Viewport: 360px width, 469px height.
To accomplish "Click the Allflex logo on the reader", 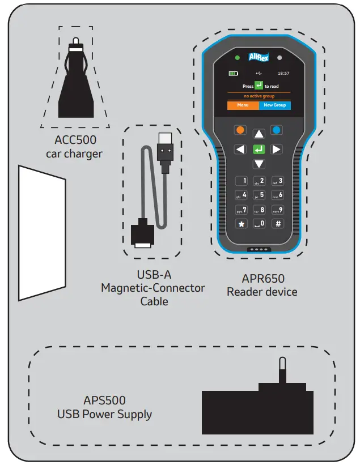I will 259,57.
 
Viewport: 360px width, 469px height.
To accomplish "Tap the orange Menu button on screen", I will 243,105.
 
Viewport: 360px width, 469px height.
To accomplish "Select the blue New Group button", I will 274,105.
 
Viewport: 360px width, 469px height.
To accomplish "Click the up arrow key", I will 259,134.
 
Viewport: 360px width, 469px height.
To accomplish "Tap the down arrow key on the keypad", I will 259,164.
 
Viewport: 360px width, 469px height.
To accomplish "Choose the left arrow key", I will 240,150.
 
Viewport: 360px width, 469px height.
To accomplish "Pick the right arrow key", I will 277,150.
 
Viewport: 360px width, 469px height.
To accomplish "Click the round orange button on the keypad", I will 240,130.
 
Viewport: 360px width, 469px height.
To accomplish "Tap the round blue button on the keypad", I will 277,130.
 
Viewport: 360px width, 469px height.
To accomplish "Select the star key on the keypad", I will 241,224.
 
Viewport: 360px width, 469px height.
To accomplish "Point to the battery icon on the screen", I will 234,74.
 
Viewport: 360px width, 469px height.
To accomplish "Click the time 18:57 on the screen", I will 283,74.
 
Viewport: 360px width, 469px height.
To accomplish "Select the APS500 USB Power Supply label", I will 104,408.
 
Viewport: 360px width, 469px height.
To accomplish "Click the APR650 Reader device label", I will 262,285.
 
